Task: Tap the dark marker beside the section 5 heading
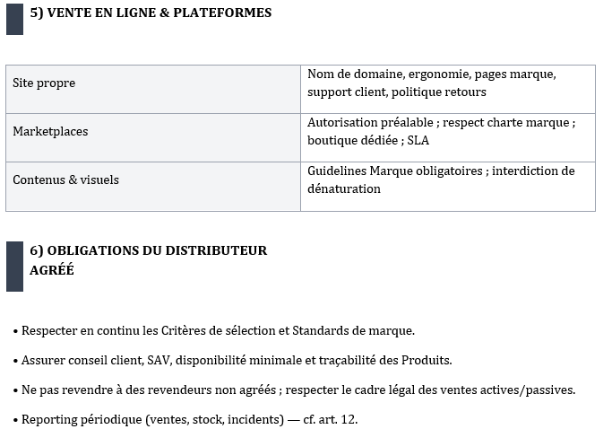14,19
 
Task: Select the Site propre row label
44,83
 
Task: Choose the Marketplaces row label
50,132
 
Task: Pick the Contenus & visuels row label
65,180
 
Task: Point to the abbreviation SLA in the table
419,141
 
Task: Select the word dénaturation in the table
344,189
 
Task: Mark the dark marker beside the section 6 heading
14,266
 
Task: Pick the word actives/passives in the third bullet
526,390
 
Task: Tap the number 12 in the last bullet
349,420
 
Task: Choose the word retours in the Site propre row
466,92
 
